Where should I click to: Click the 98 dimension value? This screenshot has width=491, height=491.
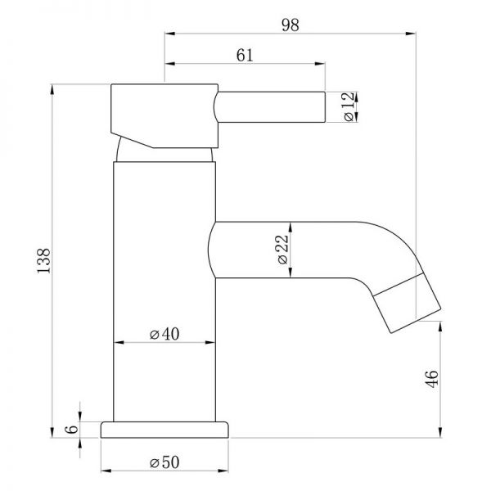[290, 25]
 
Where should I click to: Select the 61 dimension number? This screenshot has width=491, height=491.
[245, 56]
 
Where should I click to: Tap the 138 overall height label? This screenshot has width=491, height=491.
[43, 260]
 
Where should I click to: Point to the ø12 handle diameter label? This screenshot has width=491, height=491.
[349, 106]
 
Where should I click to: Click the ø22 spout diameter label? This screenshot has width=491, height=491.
[282, 250]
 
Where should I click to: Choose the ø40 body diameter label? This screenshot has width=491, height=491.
[164, 334]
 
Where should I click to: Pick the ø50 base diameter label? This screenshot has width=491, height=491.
[164, 462]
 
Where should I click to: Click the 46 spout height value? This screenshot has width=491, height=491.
[432, 379]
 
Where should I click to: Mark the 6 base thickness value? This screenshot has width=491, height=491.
[72, 429]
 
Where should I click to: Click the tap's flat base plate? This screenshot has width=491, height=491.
[164, 430]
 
